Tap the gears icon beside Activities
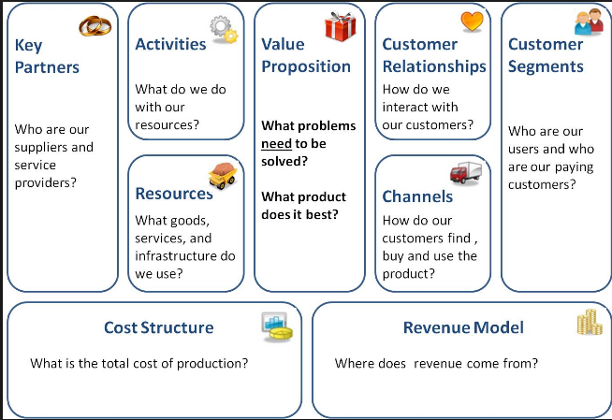pos(224,29)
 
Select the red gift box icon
pos(340,26)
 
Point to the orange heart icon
pos(473,21)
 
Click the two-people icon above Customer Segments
pos(589,22)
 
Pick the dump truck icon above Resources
pos(222,175)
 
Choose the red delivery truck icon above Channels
pos(465,173)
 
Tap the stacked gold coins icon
pos(589,324)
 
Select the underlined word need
pos(276,144)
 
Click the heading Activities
pos(170,44)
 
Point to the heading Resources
pos(174,194)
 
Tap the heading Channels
pos(417,196)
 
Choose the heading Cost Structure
pos(158,327)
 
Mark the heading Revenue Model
pos(463,327)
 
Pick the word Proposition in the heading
pos(306,66)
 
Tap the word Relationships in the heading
pos(434,66)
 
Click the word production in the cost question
pos(212,363)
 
